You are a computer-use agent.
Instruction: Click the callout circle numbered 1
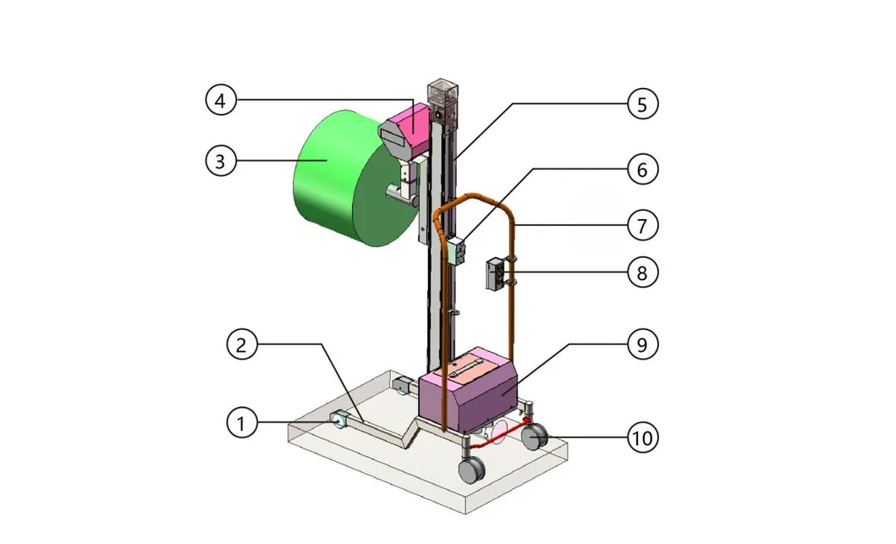(x=242, y=422)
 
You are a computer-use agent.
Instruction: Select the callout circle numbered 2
(x=242, y=344)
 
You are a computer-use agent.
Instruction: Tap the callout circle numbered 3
(x=220, y=161)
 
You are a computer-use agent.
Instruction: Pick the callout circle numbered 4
(x=220, y=101)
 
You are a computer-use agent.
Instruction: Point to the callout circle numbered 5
(x=642, y=104)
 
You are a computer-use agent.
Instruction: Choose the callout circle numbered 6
(x=642, y=169)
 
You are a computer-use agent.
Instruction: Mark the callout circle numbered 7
(x=642, y=226)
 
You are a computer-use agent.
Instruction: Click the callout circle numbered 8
(x=642, y=272)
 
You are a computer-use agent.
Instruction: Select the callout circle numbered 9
(x=642, y=344)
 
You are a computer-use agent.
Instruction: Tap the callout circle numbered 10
(x=642, y=437)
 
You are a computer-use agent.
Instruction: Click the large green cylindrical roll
(x=338, y=182)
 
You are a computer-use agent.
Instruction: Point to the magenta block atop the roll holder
(x=413, y=122)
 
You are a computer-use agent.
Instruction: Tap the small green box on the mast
(x=458, y=250)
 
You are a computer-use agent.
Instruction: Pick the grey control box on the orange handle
(x=494, y=275)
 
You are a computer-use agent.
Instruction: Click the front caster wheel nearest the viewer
(x=470, y=470)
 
